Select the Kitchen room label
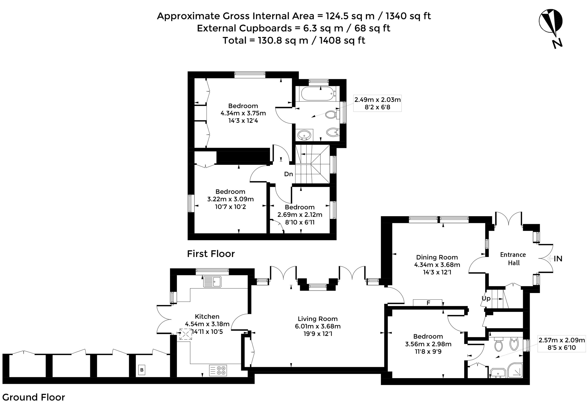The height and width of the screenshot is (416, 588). [207, 316]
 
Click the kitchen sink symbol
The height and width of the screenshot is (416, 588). [212, 282]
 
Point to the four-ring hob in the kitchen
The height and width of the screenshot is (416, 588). [218, 370]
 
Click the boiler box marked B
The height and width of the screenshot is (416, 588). [142, 370]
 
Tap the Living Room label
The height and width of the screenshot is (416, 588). [317, 319]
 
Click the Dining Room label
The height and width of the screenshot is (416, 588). [437, 257]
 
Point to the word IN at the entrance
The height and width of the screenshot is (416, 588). [558, 259]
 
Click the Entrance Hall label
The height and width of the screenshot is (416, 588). [513, 259]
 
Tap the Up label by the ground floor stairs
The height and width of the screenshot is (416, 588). [486, 299]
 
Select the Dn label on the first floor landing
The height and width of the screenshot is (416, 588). [288, 174]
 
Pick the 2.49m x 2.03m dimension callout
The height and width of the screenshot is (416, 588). [377, 103]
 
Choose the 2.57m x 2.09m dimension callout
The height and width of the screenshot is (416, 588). [562, 344]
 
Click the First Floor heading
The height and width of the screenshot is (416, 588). [211, 254]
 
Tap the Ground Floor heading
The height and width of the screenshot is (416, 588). [34, 397]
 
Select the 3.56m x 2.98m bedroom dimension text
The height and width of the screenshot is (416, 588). [428, 344]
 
